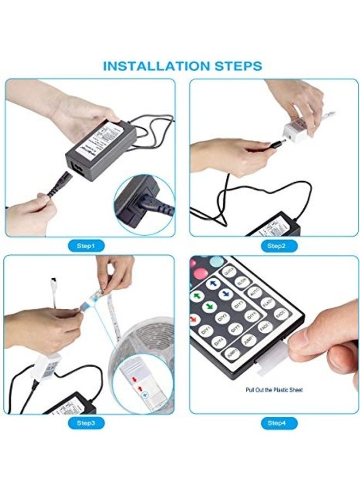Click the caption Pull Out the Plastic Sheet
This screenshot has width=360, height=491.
[274, 390]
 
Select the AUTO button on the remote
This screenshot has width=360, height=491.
[255, 292]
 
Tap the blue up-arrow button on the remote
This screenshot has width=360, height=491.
[213, 284]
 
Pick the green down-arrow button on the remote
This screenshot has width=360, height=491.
[209, 306]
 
